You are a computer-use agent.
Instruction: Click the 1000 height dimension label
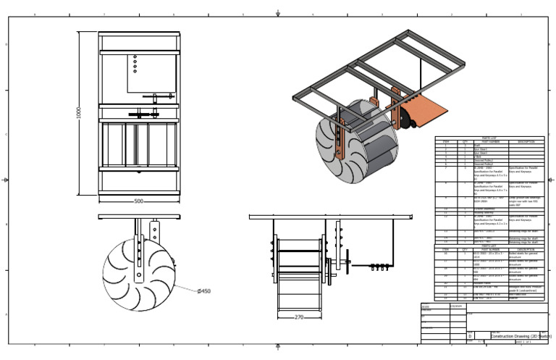(79, 113)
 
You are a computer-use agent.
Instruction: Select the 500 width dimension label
(138, 201)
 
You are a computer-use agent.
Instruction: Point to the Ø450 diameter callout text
(204, 291)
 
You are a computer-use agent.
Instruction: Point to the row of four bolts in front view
(377, 266)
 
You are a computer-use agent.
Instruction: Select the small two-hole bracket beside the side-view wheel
(153, 231)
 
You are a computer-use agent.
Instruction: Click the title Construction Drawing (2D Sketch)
(521, 337)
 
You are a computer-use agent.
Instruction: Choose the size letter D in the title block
(470, 337)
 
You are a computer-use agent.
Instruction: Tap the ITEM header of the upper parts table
(446, 141)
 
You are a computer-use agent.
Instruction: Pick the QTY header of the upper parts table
(464, 141)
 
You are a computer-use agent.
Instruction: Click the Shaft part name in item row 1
(478, 146)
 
